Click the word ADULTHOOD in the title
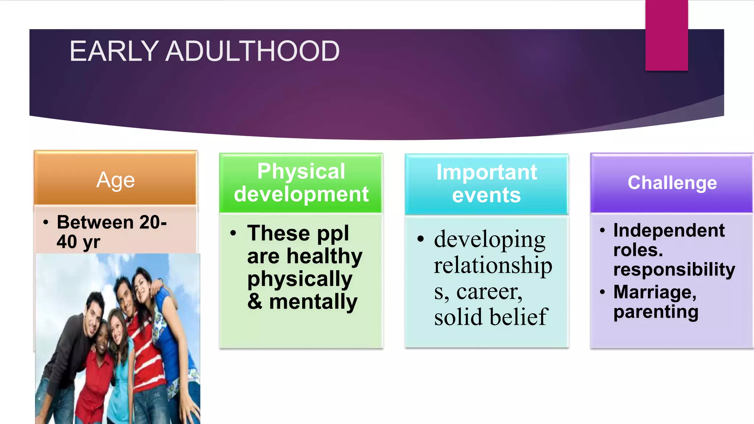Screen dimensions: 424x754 click(x=252, y=51)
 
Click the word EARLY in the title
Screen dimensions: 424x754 click(x=114, y=51)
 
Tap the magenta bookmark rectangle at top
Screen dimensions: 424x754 click(x=666, y=35)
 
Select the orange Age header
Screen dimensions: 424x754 click(x=116, y=180)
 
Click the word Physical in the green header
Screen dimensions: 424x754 click(x=301, y=171)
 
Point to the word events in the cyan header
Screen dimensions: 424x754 click(x=486, y=195)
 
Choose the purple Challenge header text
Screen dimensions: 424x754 click(x=672, y=183)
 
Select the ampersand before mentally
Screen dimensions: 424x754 click(x=255, y=302)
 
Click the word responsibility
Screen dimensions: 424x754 click(x=674, y=269)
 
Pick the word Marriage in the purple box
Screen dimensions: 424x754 click(x=655, y=292)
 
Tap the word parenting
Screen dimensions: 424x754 click(x=656, y=312)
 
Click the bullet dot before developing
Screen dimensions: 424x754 click(x=420, y=239)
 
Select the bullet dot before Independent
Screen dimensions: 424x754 click(x=602, y=231)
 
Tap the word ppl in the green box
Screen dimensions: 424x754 click(x=333, y=234)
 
